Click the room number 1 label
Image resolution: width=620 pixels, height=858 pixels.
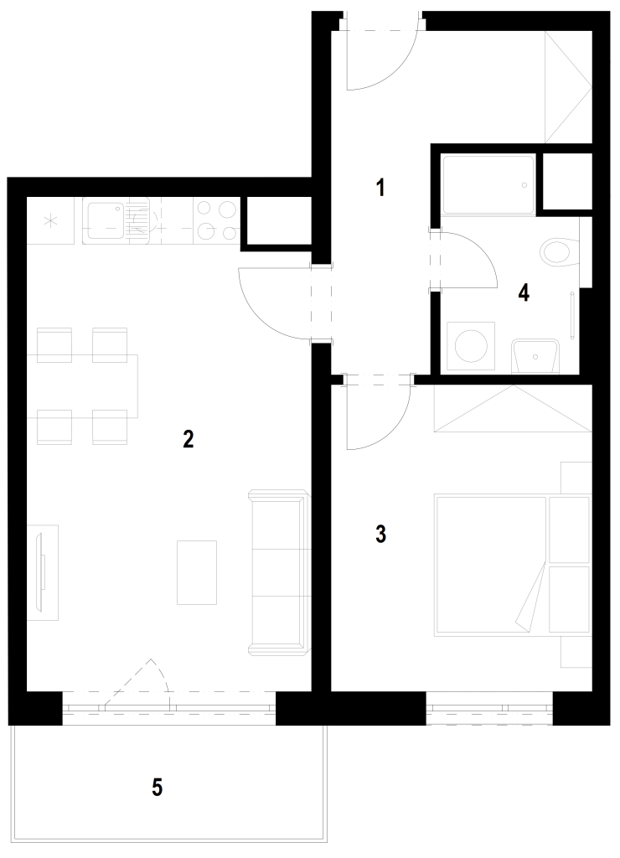[x=380, y=188]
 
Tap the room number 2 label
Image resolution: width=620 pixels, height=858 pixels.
[x=188, y=439]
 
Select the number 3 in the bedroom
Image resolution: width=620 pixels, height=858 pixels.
[x=381, y=534]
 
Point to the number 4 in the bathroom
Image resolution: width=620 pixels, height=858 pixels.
[x=524, y=292]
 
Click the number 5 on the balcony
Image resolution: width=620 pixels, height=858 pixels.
[x=157, y=788]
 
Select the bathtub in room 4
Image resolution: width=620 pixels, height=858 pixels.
[x=488, y=185]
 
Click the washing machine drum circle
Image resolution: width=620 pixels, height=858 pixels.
[x=471, y=346]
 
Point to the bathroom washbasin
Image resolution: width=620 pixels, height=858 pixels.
[x=535, y=356]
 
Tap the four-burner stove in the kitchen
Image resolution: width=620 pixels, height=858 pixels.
[x=217, y=220]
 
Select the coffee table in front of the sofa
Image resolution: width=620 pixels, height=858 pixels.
[x=197, y=572]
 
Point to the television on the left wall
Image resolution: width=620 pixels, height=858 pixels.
[x=41, y=572]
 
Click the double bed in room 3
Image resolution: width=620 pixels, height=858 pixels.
[x=514, y=565]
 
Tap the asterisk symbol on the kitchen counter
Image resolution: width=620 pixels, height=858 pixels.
[x=50, y=221]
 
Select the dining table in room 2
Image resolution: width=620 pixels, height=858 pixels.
[x=82, y=385]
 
